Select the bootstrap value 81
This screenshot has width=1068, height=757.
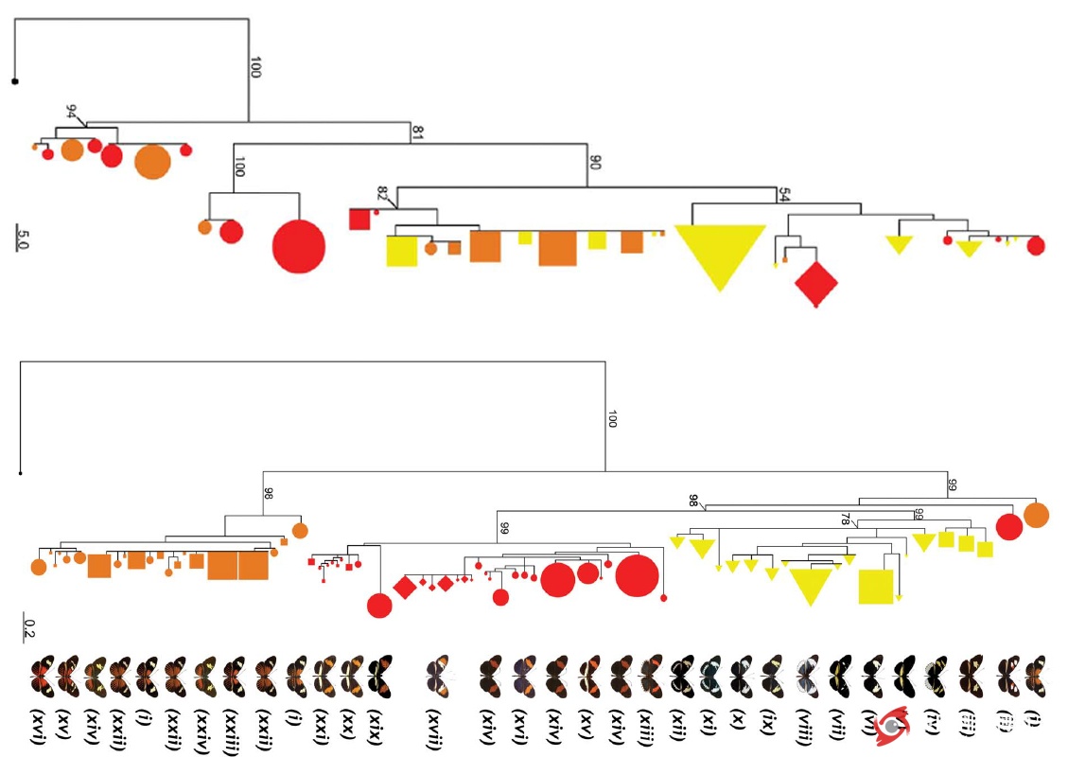416,132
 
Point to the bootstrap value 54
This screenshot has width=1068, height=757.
783,195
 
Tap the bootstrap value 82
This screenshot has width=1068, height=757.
383,194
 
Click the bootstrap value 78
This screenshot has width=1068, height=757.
845,519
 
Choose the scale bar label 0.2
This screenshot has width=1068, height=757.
29,627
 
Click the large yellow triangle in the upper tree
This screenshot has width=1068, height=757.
720,253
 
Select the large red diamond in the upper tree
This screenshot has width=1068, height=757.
815,283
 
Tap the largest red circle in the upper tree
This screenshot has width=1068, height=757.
299,246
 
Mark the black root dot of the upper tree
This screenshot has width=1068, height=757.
15,81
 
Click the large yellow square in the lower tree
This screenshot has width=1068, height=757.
876,587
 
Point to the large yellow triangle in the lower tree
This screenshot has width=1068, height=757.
810,585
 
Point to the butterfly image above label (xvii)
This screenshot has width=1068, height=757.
437,674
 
